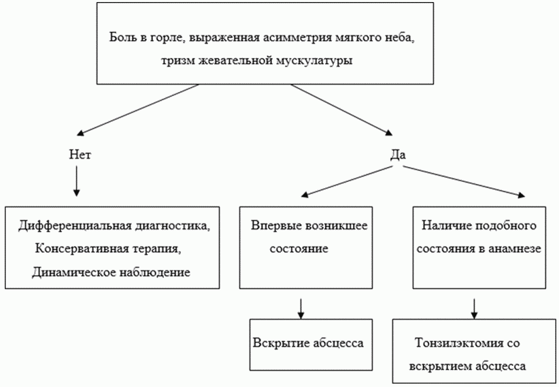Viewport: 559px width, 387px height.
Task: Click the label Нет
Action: pos(80,155)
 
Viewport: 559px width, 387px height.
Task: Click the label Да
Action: pos(398,155)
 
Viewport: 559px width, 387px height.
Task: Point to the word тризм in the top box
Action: pos(177,61)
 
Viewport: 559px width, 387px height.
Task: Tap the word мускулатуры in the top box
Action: pos(319,61)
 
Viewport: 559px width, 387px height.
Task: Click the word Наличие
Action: pos(445,226)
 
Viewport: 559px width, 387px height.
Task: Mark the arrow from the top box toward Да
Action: pos(340,108)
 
